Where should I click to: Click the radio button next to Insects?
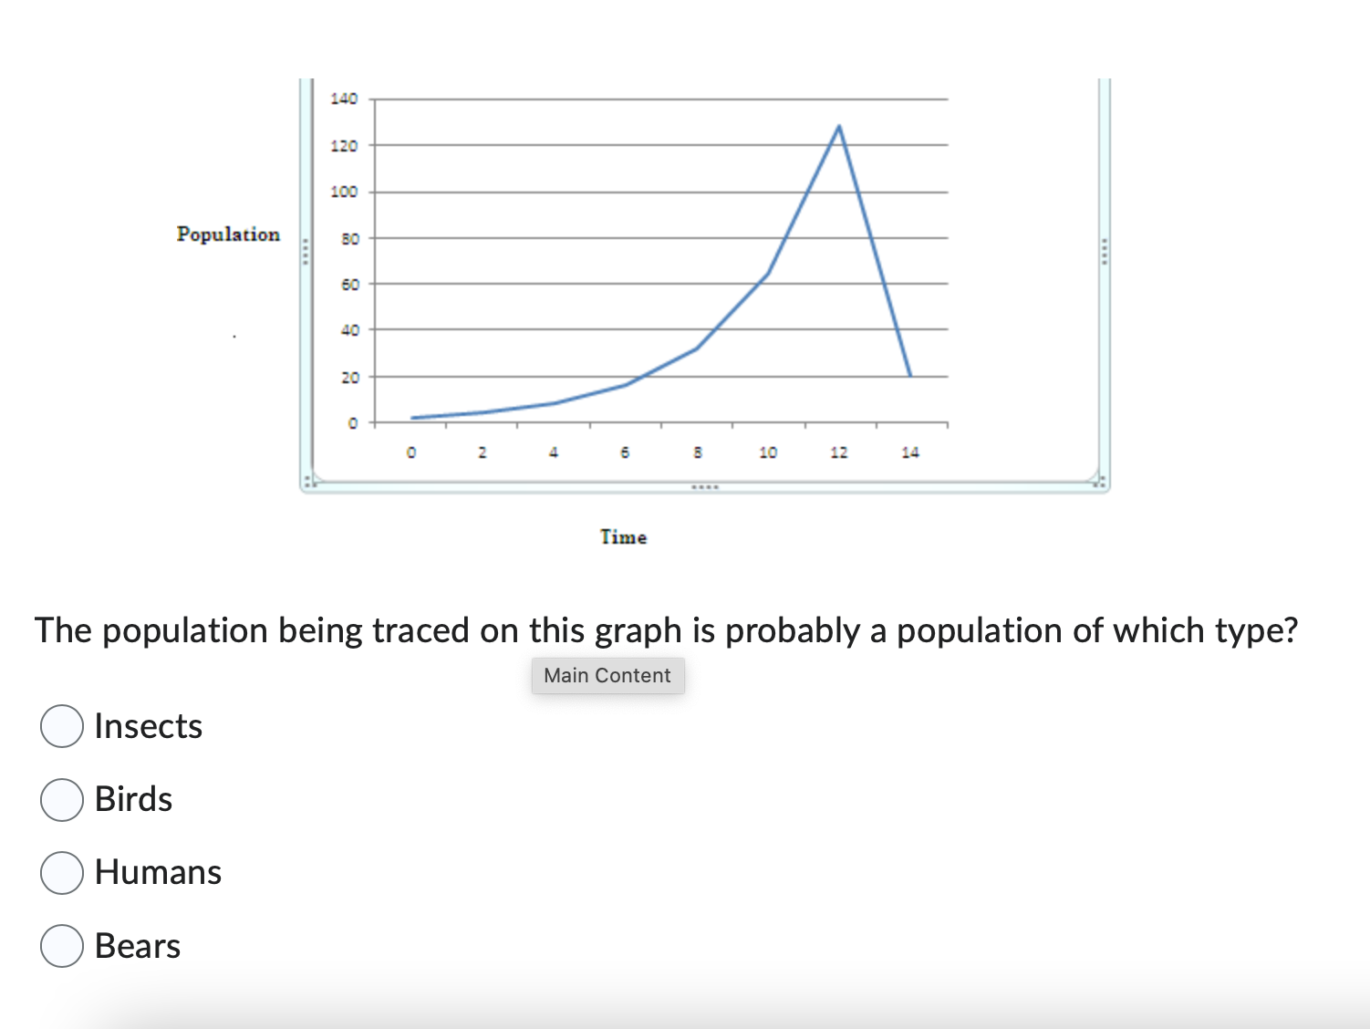(x=62, y=726)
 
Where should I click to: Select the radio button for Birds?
(x=62, y=799)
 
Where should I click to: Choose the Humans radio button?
(x=62, y=872)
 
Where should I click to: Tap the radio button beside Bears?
(x=62, y=946)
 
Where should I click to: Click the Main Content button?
(x=607, y=676)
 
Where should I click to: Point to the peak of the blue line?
(x=838, y=126)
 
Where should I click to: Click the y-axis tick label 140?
(x=344, y=99)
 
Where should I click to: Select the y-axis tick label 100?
(x=344, y=192)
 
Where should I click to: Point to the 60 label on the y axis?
(x=349, y=285)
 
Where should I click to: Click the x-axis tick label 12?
(x=838, y=452)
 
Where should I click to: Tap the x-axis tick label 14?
(x=909, y=452)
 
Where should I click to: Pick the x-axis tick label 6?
(x=625, y=452)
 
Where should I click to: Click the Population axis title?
(x=228, y=234)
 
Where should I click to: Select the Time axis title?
(x=623, y=537)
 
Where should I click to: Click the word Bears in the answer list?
(x=138, y=946)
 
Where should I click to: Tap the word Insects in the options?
(x=149, y=726)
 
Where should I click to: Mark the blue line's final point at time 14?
(x=909, y=375)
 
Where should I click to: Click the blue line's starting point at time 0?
(x=412, y=418)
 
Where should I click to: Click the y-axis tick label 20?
(x=349, y=377)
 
